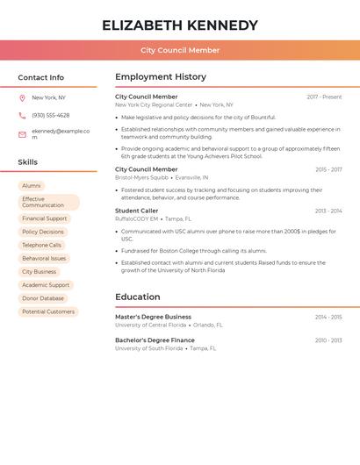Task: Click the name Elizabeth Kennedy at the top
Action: (180, 25)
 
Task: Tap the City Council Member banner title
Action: (180, 50)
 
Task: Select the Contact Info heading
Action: (41, 77)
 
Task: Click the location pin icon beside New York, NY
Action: (22, 98)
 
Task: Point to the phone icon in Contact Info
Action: (22, 116)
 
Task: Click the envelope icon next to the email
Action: (22, 134)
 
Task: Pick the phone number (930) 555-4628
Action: (51, 116)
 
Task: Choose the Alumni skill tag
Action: (32, 186)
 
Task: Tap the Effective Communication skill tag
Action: (47, 203)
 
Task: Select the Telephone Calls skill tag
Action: (42, 246)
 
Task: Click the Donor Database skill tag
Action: (43, 298)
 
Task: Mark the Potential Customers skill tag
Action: (48, 311)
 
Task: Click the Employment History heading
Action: (161, 77)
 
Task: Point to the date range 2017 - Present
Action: (324, 97)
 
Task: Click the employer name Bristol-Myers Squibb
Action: (141, 177)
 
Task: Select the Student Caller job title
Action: (137, 211)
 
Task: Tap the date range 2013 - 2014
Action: (328, 211)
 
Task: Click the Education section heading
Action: (138, 297)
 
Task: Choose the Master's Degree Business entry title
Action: (153, 317)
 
